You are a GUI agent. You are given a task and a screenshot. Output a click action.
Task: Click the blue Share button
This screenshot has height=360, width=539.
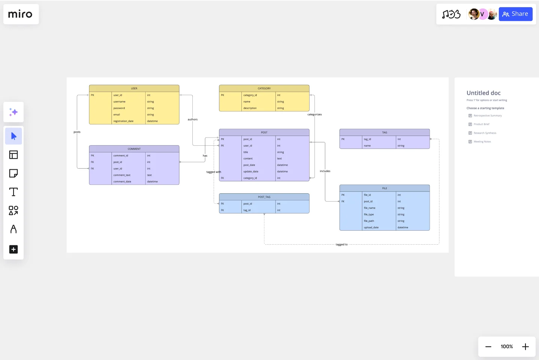click(515, 14)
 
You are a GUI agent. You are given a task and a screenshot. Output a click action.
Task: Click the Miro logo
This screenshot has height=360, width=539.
click(21, 14)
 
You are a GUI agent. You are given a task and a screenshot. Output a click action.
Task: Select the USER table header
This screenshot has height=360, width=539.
click(134, 88)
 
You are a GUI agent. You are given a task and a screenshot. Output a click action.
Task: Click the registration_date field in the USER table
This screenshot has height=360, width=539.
click(124, 121)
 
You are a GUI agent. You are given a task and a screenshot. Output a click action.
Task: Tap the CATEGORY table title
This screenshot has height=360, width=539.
click(264, 88)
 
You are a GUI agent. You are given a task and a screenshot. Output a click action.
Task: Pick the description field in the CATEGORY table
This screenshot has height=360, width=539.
click(250, 108)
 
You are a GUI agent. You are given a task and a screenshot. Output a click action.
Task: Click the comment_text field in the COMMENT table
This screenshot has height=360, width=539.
click(122, 175)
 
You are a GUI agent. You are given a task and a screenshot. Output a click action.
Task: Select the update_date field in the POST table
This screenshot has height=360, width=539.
click(251, 172)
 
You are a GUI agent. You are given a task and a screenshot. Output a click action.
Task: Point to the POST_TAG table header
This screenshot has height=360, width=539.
click(264, 197)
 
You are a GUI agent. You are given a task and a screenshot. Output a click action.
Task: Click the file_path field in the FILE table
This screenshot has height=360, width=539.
click(369, 221)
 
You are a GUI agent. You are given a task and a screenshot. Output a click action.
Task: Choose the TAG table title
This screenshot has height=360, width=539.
click(384, 133)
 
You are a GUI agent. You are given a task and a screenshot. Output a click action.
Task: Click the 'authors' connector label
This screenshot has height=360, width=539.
click(192, 120)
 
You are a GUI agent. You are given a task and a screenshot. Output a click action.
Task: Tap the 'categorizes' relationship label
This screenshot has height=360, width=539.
click(314, 115)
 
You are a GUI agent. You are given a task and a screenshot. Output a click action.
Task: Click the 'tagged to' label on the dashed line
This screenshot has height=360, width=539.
click(341, 245)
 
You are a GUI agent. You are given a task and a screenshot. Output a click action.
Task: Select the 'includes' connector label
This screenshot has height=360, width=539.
click(325, 171)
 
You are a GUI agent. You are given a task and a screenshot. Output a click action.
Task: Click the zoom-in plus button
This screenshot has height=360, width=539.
click(525, 347)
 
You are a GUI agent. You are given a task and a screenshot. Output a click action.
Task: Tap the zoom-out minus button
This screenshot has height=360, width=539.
click(488, 347)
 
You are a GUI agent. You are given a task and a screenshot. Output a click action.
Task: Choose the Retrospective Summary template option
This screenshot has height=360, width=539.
click(487, 116)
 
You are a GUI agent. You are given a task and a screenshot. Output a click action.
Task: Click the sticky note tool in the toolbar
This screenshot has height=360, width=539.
click(13, 173)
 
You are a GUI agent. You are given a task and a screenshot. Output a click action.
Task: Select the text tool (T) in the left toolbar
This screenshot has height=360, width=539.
click(13, 192)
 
